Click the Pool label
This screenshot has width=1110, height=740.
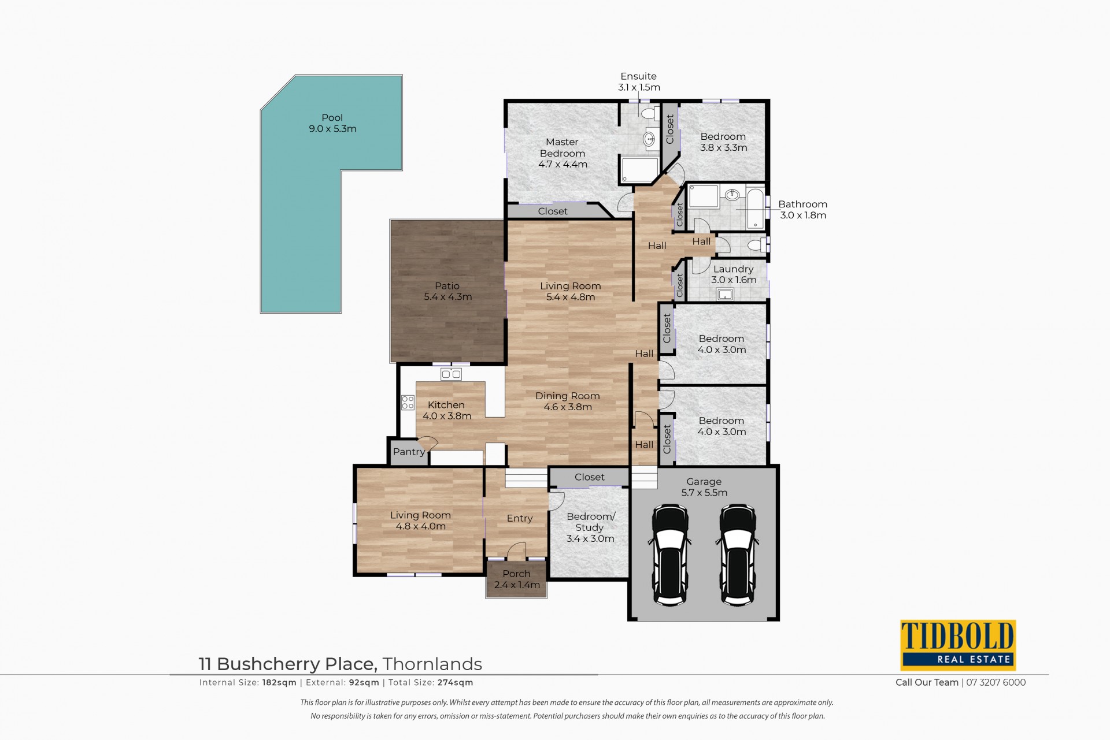pos(332,118)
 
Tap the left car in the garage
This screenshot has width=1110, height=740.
pos(669,555)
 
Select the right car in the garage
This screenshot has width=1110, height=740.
pos(737,555)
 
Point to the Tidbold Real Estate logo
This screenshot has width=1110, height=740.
pos(958,645)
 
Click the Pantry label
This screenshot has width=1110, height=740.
pos(409,452)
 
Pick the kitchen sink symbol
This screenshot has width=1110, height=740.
pos(452,374)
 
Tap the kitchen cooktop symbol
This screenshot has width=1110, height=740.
pos(408,402)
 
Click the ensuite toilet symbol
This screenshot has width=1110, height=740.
pos(647,112)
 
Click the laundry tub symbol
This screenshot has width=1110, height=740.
pos(725,295)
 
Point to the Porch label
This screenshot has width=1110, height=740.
pos(516,574)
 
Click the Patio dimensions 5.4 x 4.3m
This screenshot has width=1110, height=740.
pos(448,297)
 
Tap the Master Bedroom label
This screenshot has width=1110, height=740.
pos(563,147)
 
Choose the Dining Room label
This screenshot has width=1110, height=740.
pos(568,396)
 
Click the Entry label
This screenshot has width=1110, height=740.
pos(520,518)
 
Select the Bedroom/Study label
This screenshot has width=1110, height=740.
pos(590,522)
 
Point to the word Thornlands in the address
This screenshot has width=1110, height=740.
pos(432,664)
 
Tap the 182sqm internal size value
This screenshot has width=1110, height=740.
pos(279,682)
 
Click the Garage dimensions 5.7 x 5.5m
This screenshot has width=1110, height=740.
pos(704,493)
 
